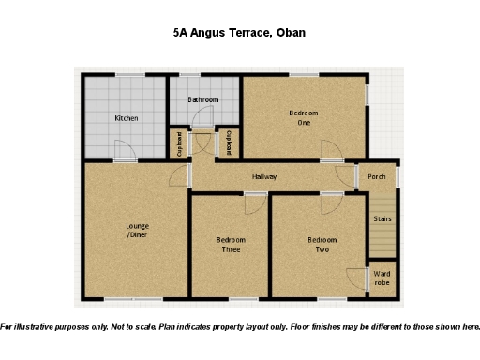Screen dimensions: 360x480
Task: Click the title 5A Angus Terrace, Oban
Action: coord(239,32)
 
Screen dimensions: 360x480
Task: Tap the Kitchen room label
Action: coord(127,118)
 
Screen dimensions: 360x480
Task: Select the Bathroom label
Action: coord(202,99)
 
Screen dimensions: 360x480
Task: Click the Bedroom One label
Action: coord(303,118)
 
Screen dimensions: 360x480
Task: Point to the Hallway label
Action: coord(264,176)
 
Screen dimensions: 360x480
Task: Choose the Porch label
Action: coord(377,176)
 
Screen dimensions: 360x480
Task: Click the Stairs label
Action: coord(382,219)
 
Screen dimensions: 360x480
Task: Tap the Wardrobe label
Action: coord(382,278)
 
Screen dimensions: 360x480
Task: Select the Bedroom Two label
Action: coord(322,245)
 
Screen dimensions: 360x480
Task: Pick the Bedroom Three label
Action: coord(230,245)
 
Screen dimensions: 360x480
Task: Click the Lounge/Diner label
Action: coord(138,230)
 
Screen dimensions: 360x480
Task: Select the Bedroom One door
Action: coord(330,152)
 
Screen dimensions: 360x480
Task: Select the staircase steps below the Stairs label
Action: coord(382,240)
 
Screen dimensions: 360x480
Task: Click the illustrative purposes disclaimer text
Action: coord(240,327)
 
